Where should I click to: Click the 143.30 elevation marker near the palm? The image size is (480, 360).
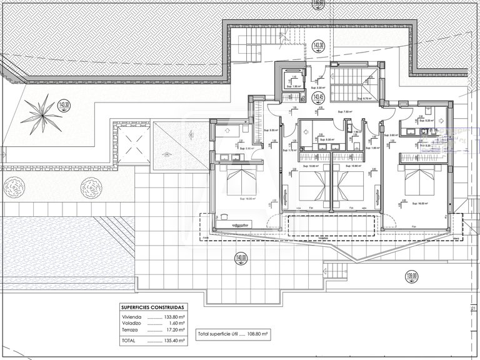pyautogui.click(x=63, y=105)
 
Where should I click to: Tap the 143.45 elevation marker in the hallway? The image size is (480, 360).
pyautogui.click(x=318, y=97)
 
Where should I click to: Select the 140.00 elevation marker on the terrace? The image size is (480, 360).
pyautogui.click(x=241, y=258)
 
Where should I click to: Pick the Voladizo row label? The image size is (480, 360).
pyautogui.click(x=131, y=323)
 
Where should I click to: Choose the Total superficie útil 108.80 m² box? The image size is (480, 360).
pyautogui.click(x=232, y=334)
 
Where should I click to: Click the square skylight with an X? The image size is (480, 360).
pyautogui.click(x=133, y=145)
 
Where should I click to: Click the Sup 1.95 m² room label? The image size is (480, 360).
pyautogui.click(x=294, y=87)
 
